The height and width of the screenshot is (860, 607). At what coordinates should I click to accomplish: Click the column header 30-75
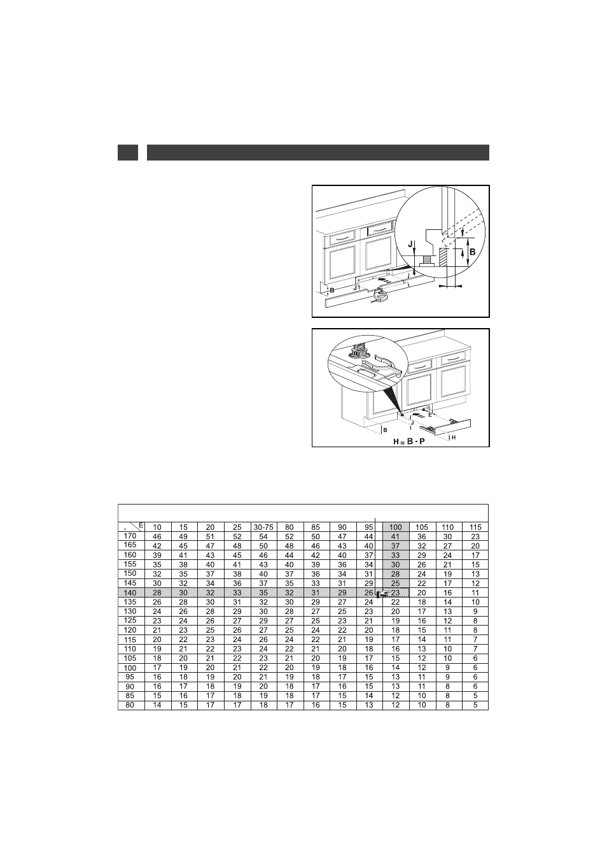coord(263,527)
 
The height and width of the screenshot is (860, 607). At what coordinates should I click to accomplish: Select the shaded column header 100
coord(395,527)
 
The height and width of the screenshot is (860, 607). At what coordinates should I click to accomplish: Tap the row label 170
coord(130,536)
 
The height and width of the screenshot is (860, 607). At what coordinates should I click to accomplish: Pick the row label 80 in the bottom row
coord(130,705)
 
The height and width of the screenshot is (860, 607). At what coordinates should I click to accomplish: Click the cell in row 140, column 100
coord(395,593)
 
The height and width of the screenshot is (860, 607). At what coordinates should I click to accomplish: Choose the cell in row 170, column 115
coord(475,537)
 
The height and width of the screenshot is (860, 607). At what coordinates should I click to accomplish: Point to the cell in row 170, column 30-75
coord(263,537)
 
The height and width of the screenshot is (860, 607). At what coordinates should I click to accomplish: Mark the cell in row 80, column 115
coord(475,705)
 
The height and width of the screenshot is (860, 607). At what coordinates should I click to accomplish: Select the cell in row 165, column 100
coord(395,546)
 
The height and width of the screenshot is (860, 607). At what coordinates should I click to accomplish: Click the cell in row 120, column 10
coord(157,631)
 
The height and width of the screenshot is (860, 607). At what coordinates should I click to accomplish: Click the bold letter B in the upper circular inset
coord(473,252)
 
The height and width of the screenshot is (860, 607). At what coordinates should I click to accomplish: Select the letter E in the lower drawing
coord(429,415)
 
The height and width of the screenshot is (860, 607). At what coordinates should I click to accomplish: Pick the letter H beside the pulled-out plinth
coord(454,437)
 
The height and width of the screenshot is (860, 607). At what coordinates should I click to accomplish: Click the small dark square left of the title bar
coord(128,153)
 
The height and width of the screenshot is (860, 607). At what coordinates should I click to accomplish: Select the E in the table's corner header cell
coord(141,525)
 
